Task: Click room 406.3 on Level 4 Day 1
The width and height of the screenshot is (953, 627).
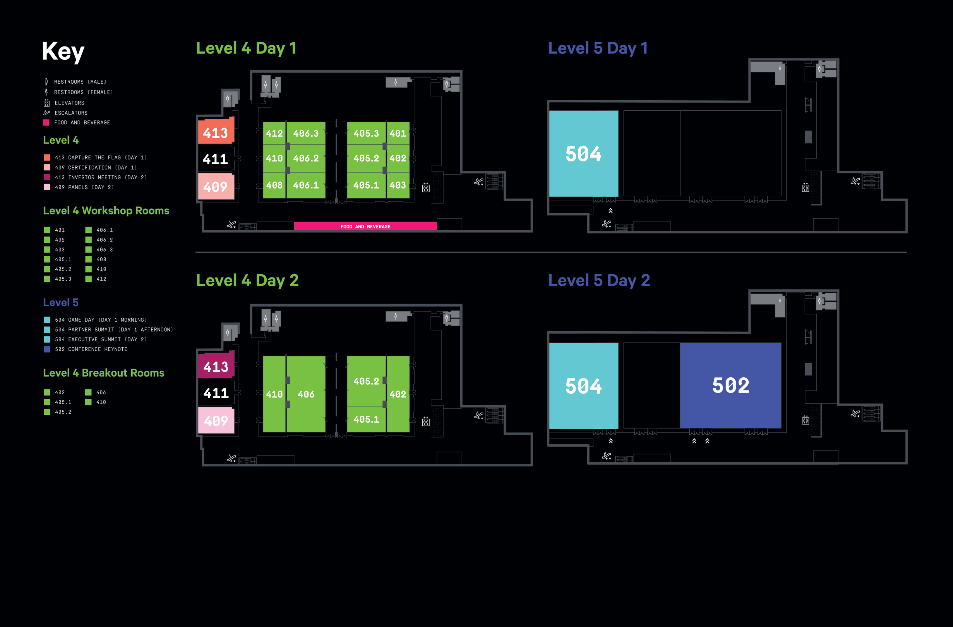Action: [x=305, y=133]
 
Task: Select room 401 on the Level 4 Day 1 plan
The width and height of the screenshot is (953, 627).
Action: [x=398, y=133]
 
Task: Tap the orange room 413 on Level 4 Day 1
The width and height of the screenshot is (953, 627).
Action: [x=216, y=132]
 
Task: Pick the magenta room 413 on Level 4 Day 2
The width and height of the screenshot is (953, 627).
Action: [x=216, y=367]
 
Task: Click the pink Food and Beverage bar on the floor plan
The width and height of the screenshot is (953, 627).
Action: [x=365, y=226]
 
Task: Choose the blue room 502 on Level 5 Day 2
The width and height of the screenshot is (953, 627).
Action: [x=730, y=385]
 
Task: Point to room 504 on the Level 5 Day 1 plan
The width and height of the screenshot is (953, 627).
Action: [x=583, y=154]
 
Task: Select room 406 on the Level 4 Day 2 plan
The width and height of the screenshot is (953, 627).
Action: [x=306, y=394]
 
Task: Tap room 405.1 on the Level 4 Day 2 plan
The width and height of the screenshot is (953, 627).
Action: [x=366, y=419]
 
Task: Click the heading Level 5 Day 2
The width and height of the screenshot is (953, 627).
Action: [x=599, y=280]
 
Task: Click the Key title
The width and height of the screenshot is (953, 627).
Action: [x=63, y=51]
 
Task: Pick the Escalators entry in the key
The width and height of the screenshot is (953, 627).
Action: [x=71, y=113]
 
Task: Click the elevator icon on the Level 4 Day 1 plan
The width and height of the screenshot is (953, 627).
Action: [x=426, y=187]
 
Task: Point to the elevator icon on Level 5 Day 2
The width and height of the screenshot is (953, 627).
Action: [x=805, y=420]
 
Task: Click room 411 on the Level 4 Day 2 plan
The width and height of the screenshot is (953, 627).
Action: [x=216, y=393]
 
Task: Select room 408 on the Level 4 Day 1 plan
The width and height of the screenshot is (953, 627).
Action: [x=274, y=185]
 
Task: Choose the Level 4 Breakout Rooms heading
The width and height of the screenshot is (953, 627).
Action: [x=104, y=373]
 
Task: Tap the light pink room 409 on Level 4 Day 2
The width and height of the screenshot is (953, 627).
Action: [x=216, y=420]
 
